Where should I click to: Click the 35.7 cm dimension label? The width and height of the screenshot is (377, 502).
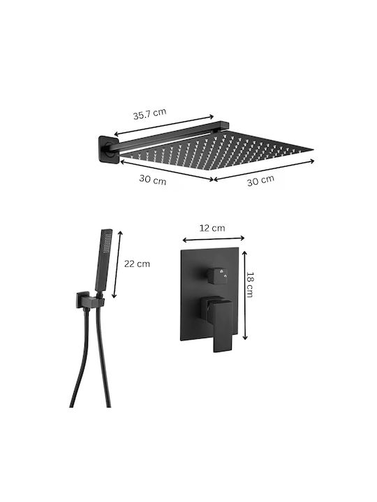(149, 114)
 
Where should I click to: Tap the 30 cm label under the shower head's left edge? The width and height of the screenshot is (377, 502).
(153, 180)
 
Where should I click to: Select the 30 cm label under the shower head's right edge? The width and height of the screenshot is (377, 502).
(260, 181)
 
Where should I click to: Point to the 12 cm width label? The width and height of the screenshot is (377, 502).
(212, 228)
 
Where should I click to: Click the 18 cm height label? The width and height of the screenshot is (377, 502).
(250, 284)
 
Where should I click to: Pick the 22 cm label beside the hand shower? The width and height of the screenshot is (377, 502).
(137, 264)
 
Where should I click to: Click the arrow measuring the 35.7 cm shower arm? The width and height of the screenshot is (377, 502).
(164, 125)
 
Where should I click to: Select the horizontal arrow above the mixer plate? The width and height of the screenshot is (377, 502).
(214, 239)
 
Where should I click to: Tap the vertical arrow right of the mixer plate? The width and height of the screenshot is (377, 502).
(245, 295)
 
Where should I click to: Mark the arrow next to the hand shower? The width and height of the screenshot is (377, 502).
(117, 264)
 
